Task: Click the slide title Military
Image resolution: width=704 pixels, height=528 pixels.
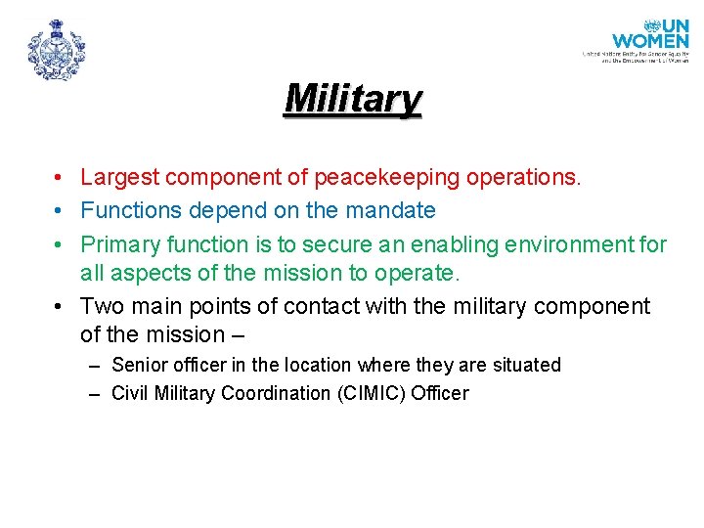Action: coord(352,99)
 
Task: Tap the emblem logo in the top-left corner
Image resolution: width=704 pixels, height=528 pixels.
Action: coord(57,50)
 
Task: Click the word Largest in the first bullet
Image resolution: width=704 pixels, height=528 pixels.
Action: coord(120,177)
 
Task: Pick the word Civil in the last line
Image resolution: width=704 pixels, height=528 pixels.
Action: coord(129,393)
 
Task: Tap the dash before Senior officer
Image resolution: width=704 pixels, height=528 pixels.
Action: coord(93,366)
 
